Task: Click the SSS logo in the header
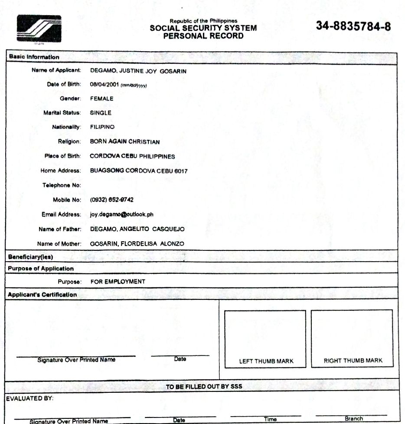39,29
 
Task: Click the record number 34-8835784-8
353,26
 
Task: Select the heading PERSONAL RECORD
203,36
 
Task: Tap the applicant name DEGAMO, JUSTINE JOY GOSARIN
138,71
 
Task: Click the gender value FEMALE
101,99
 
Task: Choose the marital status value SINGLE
101,113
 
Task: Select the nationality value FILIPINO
102,127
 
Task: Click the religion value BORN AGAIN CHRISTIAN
125,142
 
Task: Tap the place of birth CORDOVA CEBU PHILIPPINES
132,156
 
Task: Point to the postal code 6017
181,171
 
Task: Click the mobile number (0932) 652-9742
111,200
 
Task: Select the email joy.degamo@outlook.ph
122,214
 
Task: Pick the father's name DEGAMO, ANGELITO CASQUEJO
137,229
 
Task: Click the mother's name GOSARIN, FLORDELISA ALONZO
137,244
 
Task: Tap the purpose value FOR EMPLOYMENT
118,282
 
